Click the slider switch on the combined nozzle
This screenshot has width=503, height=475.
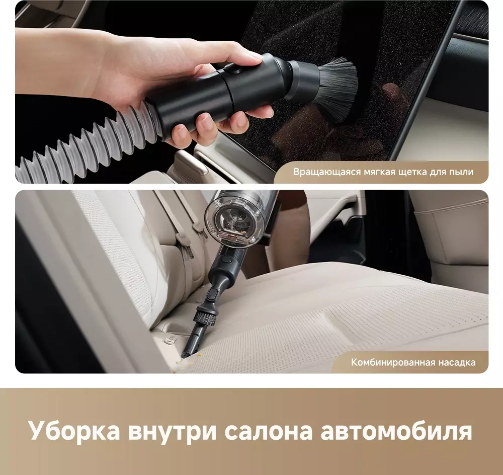pyautogui.click(x=212, y=293)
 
